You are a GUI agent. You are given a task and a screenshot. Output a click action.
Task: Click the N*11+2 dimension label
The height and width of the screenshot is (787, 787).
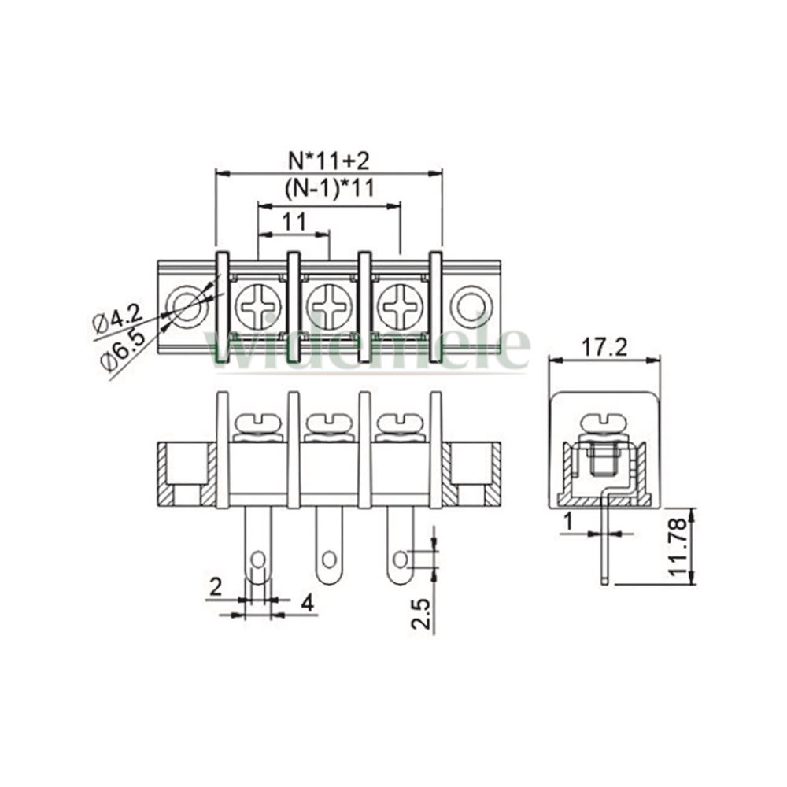(x=329, y=161)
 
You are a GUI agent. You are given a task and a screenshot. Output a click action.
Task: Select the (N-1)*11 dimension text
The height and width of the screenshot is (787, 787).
(x=330, y=189)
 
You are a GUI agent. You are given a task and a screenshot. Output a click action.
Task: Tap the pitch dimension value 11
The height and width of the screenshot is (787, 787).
(x=294, y=221)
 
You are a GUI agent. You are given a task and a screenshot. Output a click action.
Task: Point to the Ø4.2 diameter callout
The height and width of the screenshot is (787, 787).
(x=118, y=321)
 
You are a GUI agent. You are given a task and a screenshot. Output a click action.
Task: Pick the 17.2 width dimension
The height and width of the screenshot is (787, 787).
(x=604, y=347)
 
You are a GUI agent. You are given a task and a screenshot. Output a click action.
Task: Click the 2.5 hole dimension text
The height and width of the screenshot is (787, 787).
(x=420, y=613)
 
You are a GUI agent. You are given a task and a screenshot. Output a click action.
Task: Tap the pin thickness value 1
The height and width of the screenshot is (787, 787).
(x=568, y=522)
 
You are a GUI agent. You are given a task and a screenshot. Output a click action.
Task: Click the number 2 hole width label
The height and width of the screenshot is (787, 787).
(x=216, y=586)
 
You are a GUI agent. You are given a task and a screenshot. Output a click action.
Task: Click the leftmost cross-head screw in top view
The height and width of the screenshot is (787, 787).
(x=258, y=306)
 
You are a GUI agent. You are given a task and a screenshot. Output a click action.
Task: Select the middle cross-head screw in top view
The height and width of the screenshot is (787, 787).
(x=329, y=306)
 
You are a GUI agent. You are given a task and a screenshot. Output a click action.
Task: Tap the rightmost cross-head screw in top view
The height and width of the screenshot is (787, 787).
(x=401, y=306)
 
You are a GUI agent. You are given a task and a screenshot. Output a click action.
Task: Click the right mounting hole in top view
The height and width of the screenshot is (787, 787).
(x=471, y=306)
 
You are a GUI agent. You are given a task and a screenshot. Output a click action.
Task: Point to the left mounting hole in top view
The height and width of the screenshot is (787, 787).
(x=187, y=306)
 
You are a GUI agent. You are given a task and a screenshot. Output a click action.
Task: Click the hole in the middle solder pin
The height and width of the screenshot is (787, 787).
(x=329, y=559)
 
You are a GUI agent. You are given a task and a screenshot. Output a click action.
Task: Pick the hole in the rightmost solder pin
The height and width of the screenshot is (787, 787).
(x=401, y=559)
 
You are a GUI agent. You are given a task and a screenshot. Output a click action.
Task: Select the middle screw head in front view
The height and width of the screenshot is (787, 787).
(x=329, y=423)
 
